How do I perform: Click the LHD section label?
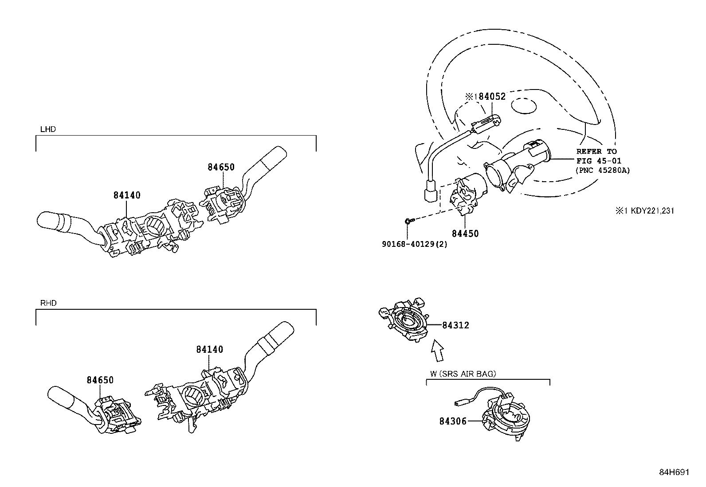tap(47, 129)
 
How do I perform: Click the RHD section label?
tap(48, 303)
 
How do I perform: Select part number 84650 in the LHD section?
tap(221, 167)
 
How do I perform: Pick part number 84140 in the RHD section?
tap(209, 349)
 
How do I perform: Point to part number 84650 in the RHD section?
tap(100, 380)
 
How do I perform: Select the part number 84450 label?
tap(465, 234)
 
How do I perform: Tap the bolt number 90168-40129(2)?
tap(414, 244)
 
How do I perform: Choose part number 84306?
tap(453, 421)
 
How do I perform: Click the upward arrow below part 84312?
tap(437, 350)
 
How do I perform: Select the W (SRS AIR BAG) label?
tap(463, 374)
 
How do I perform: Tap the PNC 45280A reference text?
tap(603, 170)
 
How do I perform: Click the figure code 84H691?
tap(674, 472)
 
